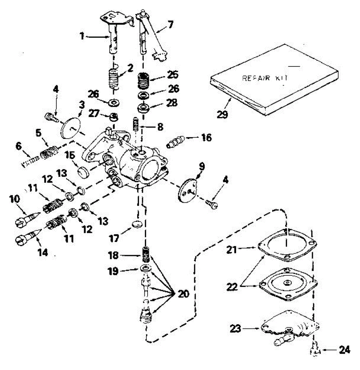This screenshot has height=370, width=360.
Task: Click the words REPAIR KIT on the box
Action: click(x=265, y=78)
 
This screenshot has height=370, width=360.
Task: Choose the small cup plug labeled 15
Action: click(x=83, y=171)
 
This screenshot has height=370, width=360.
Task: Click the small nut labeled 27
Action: click(x=114, y=117)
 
